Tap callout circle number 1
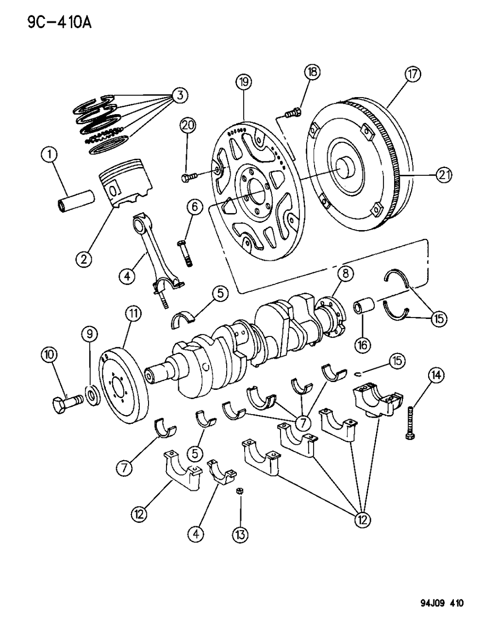point(49,156)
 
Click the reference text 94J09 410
point(440,603)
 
